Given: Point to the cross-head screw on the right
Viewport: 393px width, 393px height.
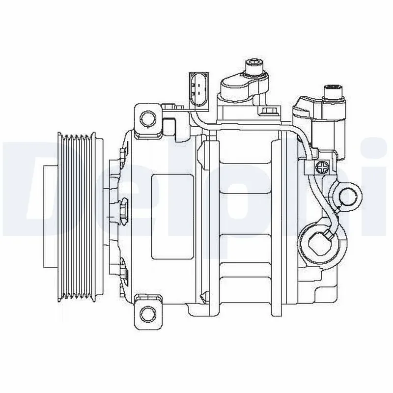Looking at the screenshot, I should click(323, 168).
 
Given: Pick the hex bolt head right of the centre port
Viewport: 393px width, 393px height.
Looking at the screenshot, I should click(269, 111).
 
